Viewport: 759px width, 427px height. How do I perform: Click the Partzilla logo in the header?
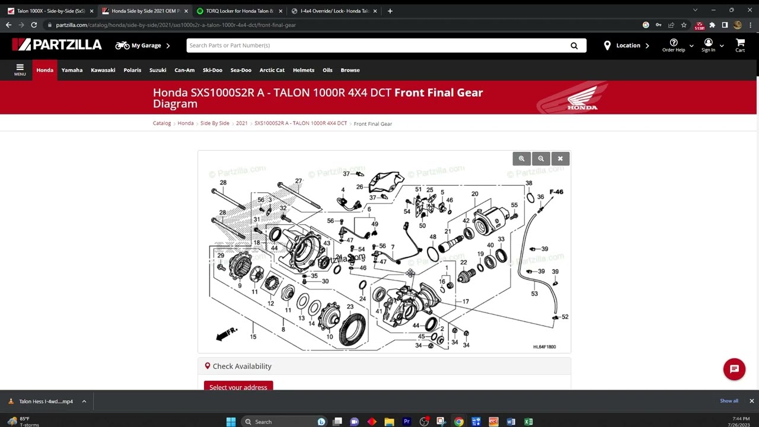57,45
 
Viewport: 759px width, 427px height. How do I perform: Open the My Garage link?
142,46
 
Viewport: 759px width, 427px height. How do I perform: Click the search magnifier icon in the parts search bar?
573,46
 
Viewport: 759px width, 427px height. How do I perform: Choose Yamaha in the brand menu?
72,70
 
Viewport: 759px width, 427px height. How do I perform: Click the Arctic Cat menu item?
272,70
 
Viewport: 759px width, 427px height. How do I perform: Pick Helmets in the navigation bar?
303,70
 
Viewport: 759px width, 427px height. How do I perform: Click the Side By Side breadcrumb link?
215,123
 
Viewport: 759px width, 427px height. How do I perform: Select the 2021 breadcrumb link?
241,123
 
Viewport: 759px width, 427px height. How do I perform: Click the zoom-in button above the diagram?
522,159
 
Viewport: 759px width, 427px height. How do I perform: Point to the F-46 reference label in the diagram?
556,192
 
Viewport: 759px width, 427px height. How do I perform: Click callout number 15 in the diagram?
253,337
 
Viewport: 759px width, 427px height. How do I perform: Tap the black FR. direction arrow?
226,334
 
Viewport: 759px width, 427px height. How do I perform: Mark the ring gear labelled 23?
352,327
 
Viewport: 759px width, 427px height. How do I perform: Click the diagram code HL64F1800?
544,347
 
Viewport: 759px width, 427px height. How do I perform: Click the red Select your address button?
238,387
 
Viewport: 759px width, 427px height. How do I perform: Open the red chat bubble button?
734,369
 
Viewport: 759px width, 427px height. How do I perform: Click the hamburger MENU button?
20,70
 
